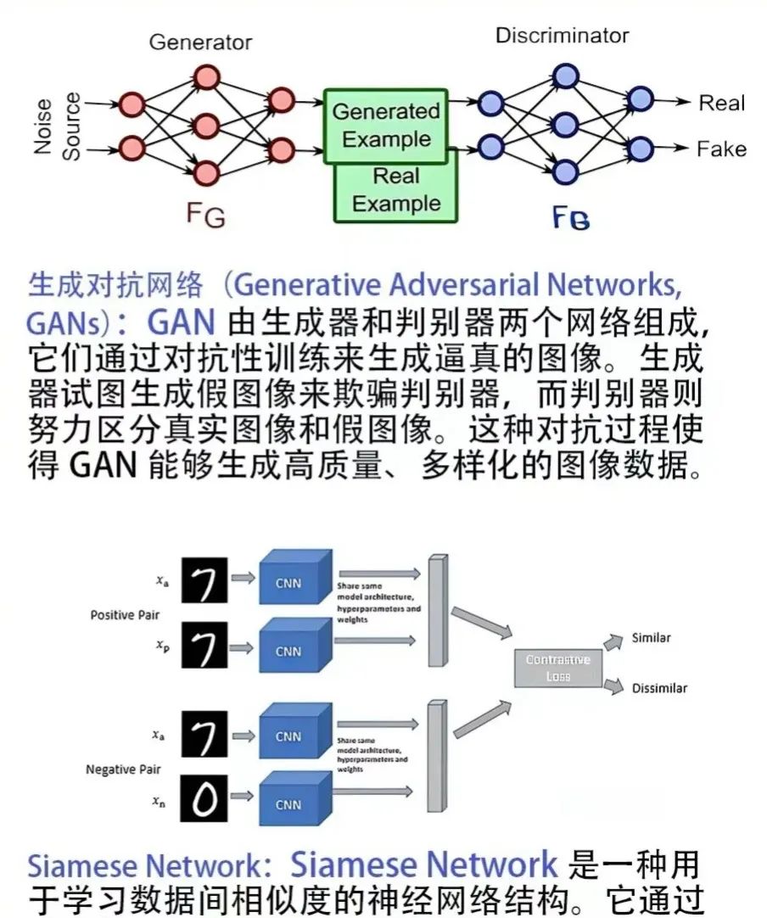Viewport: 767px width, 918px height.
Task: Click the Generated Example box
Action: click(x=385, y=125)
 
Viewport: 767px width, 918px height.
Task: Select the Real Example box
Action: click(x=396, y=191)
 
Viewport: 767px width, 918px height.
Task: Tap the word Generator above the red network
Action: click(x=200, y=42)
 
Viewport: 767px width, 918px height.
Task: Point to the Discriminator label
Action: click(x=562, y=36)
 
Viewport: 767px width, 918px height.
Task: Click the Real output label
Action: click(x=721, y=104)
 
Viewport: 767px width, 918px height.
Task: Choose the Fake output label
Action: click(x=721, y=149)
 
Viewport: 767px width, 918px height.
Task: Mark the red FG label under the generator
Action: click(x=205, y=214)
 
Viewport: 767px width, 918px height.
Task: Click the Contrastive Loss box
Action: click(x=558, y=668)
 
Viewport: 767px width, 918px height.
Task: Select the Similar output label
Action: click(x=652, y=637)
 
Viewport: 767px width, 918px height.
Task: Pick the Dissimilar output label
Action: click(x=659, y=688)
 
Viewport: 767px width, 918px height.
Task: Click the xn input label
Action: click(x=159, y=800)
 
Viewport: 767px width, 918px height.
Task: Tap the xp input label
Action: click(x=161, y=645)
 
